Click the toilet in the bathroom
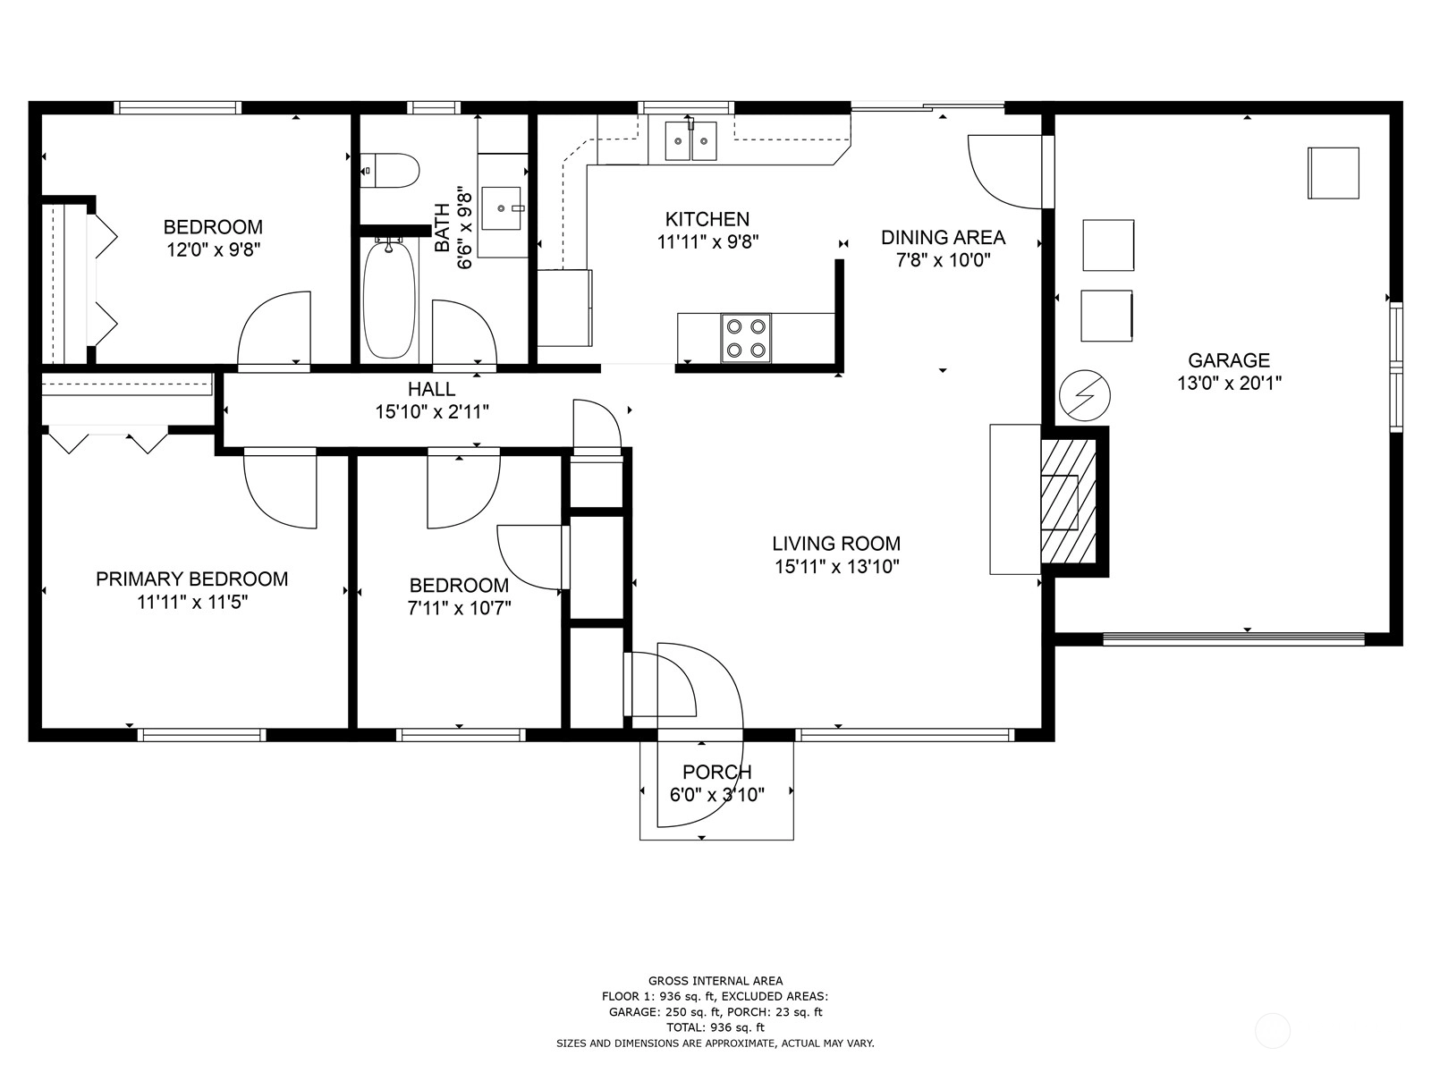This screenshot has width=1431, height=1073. click(x=389, y=171)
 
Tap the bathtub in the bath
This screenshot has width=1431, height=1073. click(x=389, y=299)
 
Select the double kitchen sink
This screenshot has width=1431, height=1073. click(x=690, y=140)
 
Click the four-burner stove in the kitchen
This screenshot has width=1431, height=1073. click(x=746, y=337)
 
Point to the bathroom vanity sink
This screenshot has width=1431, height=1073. click(x=502, y=208)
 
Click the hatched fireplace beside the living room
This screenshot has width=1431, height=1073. click(x=1068, y=501)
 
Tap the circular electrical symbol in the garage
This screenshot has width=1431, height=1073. click(x=1085, y=395)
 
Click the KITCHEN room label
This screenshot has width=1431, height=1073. click(x=707, y=219)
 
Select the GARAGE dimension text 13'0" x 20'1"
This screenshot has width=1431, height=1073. click(x=1229, y=383)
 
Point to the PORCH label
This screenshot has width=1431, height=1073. click(x=716, y=772)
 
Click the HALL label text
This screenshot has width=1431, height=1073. click(x=431, y=389)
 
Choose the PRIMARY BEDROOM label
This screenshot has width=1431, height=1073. click(x=191, y=579)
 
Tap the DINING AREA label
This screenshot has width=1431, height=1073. click(x=943, y=237)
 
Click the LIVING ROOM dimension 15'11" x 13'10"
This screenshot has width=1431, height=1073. click(x=836, y=567)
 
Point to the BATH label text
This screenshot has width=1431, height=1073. click(x=442, y=227)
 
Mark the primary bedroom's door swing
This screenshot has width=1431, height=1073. click(x=280, y=488)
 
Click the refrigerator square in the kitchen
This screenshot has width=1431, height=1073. click(x=564, y=308)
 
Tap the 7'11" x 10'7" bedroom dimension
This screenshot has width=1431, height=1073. click(x=459, y=609)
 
